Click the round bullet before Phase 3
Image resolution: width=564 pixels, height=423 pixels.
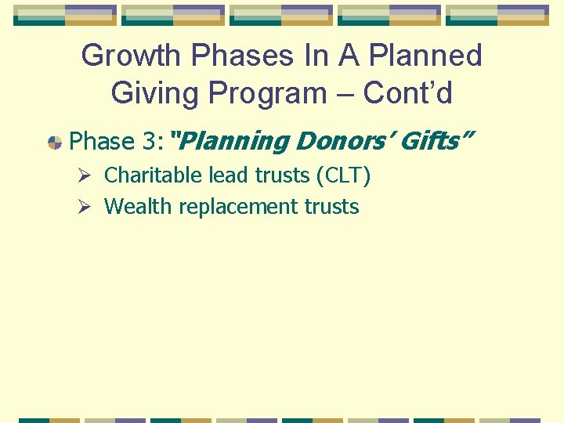point(55,143)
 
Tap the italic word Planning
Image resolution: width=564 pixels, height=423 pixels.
point(235,142)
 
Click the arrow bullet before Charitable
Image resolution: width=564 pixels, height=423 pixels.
point(90,175)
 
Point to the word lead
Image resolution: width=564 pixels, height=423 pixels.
point(228,175)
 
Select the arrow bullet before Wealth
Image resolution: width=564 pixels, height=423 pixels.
point(90,207)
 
